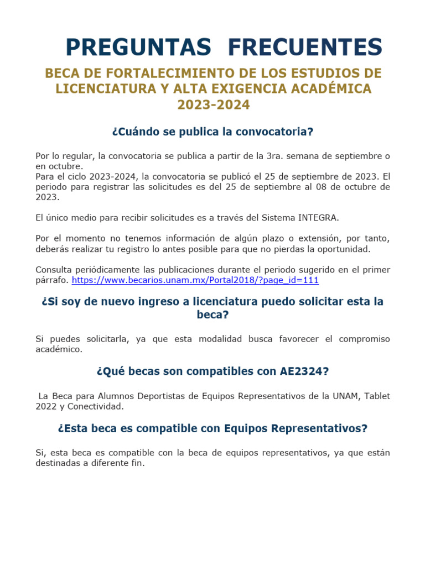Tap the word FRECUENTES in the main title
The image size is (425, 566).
(x=304, y=48)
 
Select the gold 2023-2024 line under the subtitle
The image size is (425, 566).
(x=213, y=104)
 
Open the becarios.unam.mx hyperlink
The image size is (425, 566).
(x=195, y=280)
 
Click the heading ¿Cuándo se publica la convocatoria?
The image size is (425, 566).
(x=212, y=132)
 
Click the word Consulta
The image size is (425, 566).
(x=53, y=270)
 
